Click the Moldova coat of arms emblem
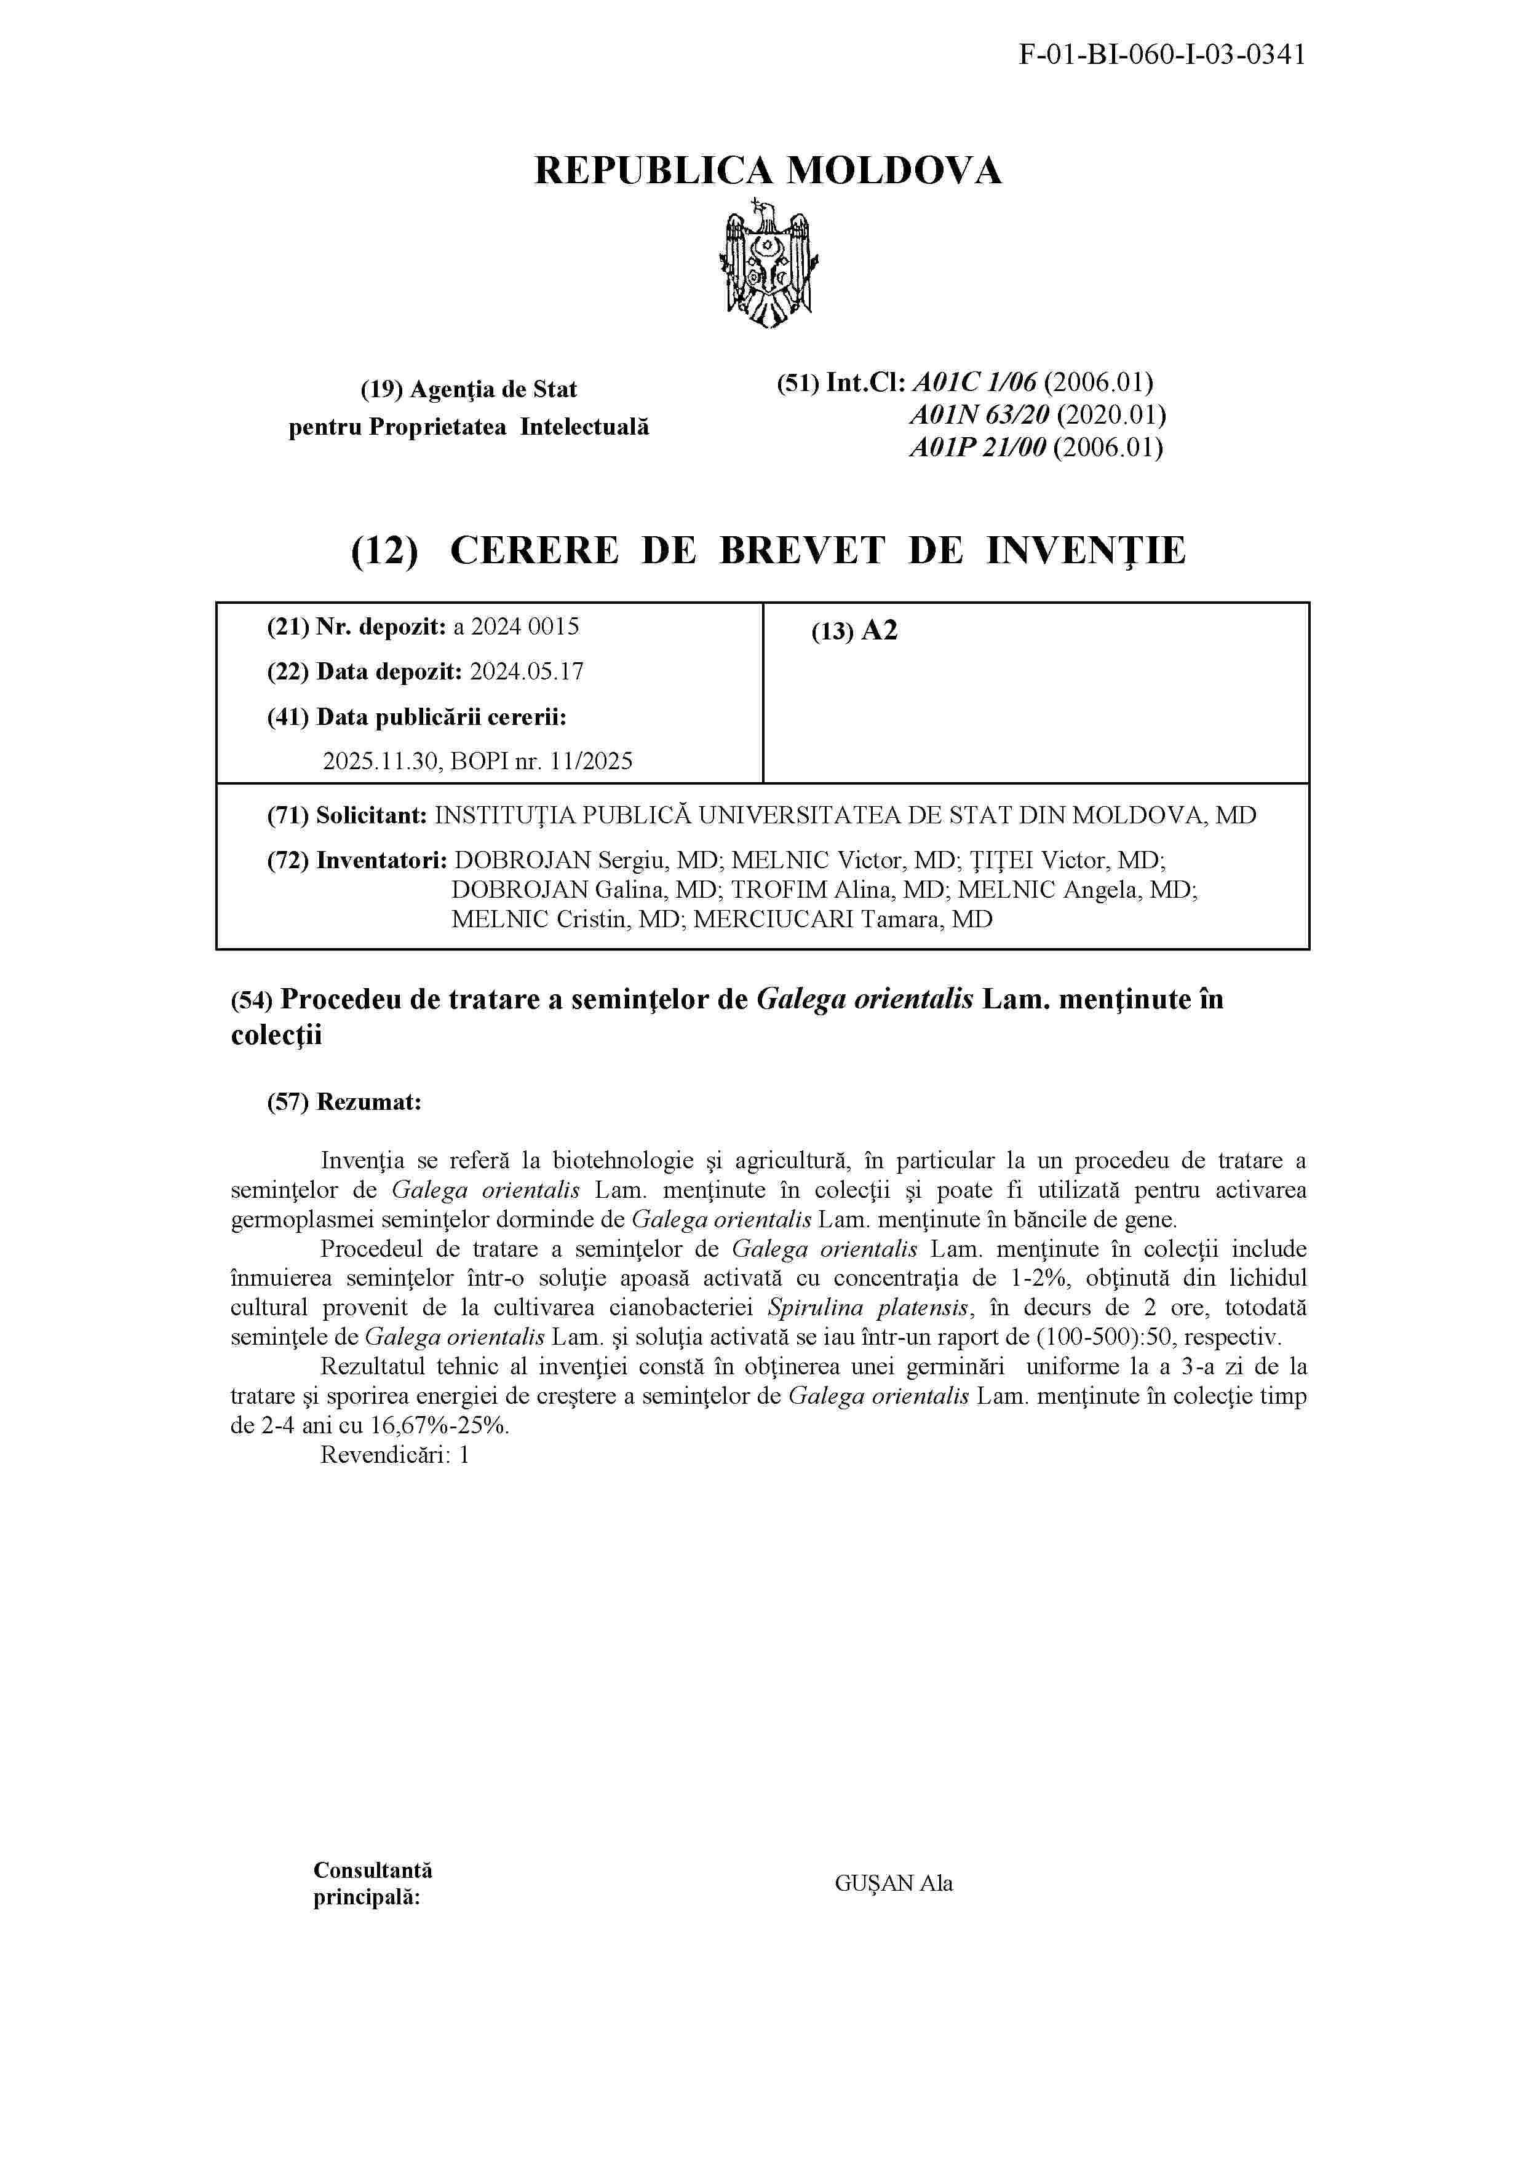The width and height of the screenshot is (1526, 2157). pyautogui.click(x=768, y=263)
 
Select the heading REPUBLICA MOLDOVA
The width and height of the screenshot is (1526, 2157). pyautogui.click(x=768, y=171)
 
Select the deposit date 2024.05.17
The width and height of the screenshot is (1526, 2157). pyautogui.click(x=527, y=671)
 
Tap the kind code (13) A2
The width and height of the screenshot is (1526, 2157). pyautogui.click(x=854, y=630)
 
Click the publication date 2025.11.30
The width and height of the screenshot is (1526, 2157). pyautogui.click(x=381, y=761)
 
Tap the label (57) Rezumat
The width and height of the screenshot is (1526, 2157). pyautogui.click(x=344, y=1102)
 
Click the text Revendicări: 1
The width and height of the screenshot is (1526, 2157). pyautogui.click(x=395, y=1455)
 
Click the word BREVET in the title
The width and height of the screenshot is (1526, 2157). pyautogui.click(x=801, y=550)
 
